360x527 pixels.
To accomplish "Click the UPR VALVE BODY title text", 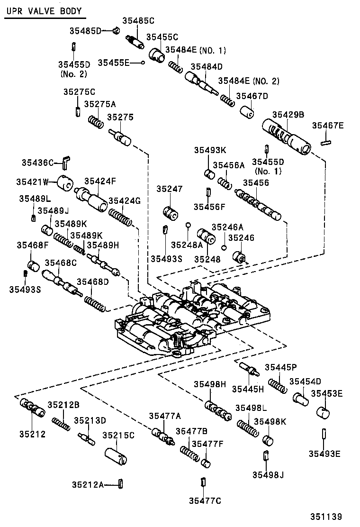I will point(44,11).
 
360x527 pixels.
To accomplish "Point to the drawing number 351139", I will point(326,517).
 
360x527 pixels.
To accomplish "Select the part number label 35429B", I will point(288,114).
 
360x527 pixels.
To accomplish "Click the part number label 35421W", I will point(32,182).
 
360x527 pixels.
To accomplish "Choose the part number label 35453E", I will point(327,393).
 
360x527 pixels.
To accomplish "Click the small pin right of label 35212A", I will point(121,484).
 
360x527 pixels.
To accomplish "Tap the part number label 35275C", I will point(80,91).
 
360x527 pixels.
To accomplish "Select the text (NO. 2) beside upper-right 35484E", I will point(266,81).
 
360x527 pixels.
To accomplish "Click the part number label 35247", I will point(169,189).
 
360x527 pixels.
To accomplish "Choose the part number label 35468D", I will point(93,282).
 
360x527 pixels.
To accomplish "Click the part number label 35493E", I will point(325,454).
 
